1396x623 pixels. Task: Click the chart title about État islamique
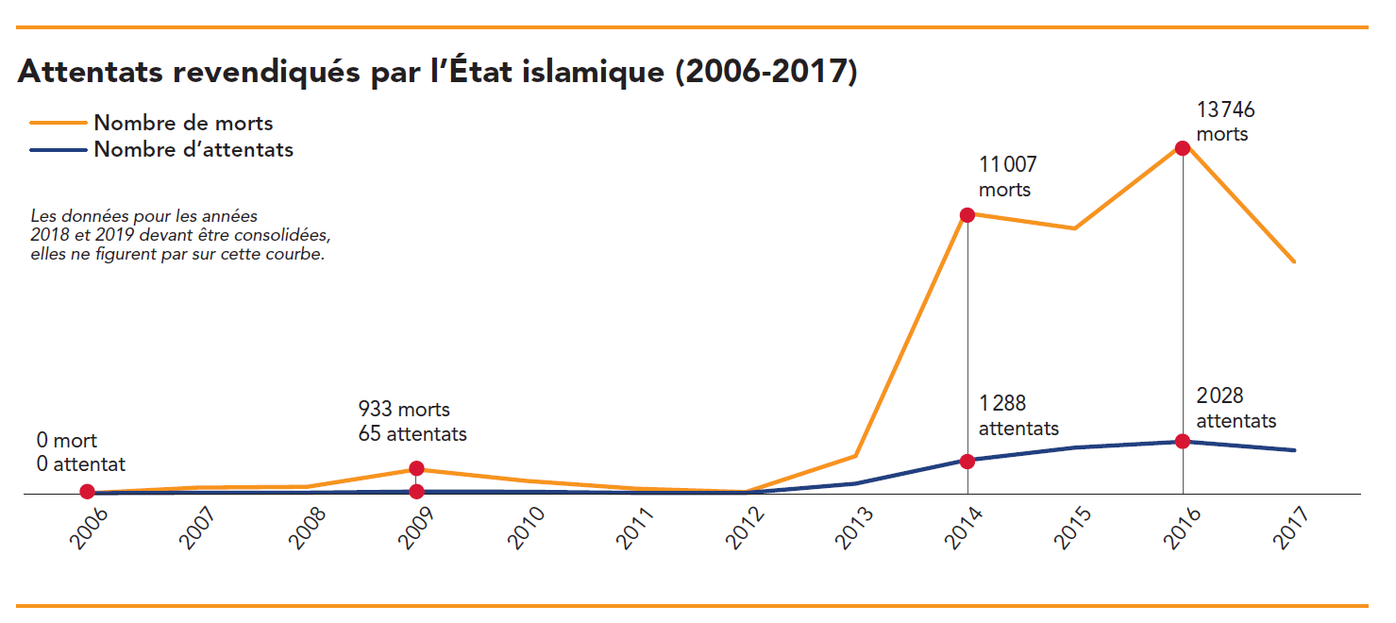[x=437, y=73]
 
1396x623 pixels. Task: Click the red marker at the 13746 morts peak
[x=1182, y=148]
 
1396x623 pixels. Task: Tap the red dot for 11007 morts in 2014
[x=967, y=214]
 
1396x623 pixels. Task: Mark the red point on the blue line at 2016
[x=1182, y=441]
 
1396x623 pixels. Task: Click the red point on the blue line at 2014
[x=967, y=461]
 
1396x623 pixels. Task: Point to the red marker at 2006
[x=87, y=491]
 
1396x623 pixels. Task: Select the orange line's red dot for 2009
[x=416, y=468]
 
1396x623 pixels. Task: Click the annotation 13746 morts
[x=1225, y=122]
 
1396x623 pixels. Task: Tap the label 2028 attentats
[x=1236, y=409]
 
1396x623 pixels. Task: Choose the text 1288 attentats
[x=1018, y=416]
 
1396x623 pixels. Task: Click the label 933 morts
[x=404, y=410]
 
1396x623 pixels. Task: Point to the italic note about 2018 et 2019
[x=180, y=236]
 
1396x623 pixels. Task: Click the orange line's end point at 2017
[x=1295, y=261]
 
